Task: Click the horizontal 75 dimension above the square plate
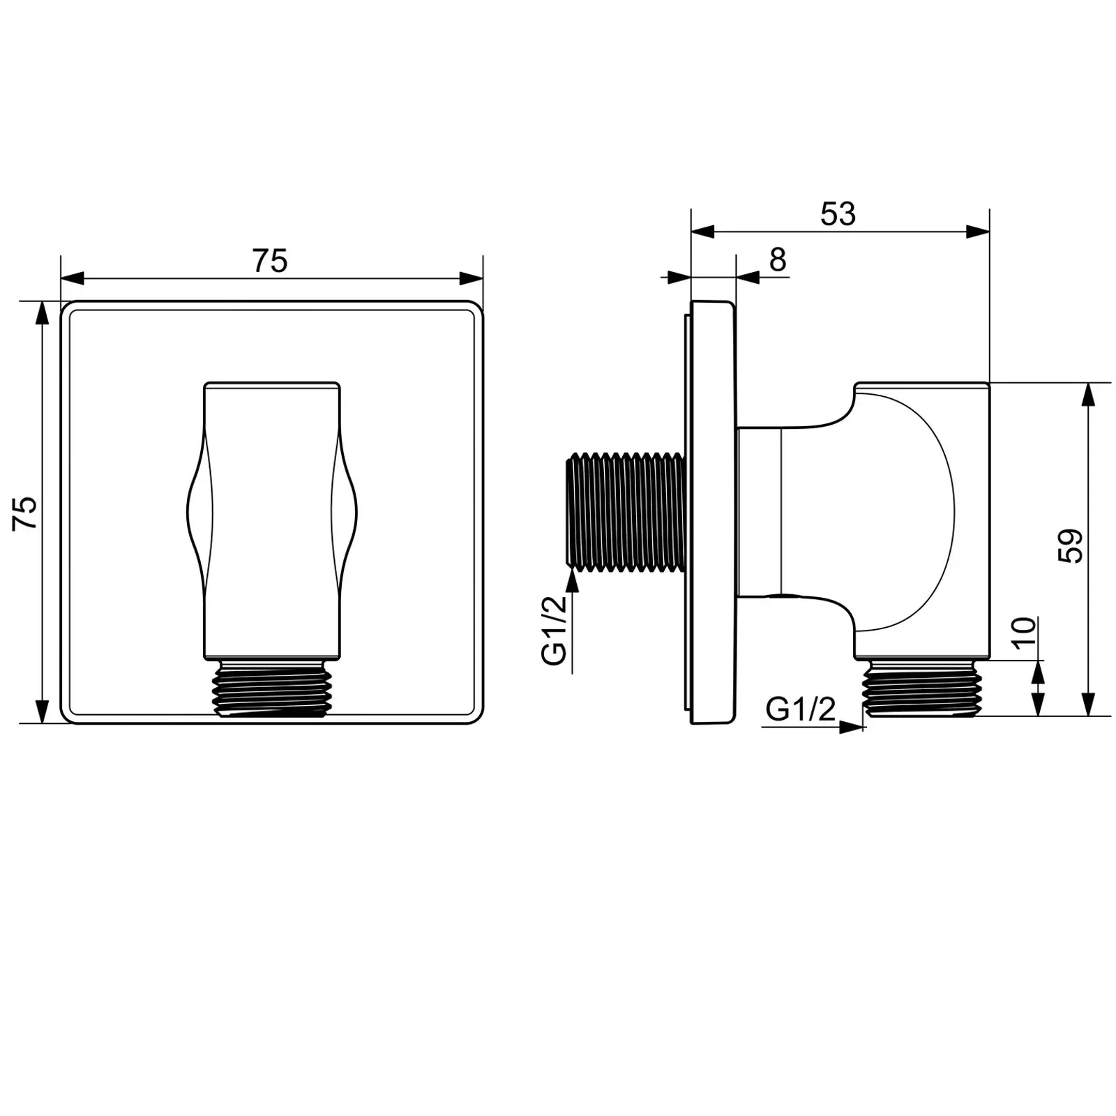tap(270, 262)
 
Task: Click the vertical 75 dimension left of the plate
tap(25, 513)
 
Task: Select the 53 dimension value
tap(838, 214)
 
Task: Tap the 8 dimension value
tap(778, 259)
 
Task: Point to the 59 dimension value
tap(1070, 546)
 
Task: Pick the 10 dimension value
tap(1025, 633)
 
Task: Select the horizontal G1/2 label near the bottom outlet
tap(800, 709)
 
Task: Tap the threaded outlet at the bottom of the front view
tap(272, 688)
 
